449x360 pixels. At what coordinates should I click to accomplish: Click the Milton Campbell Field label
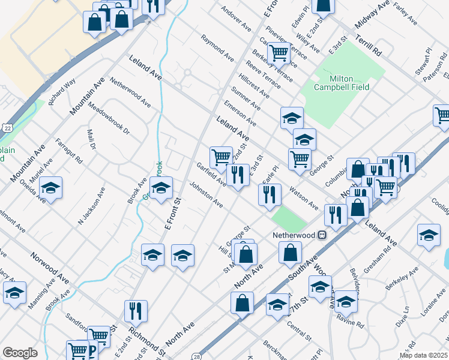pos(341,83)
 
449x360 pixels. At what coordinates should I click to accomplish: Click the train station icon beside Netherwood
pos(322,235)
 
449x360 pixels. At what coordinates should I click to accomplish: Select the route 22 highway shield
pos(7,128)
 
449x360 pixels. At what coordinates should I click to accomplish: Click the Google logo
pos(20,353)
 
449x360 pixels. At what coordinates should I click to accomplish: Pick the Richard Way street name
pos(62,92)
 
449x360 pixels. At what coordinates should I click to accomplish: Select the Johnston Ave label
pos(206,196)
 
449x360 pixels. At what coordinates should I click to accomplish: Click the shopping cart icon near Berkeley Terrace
pos(279,53)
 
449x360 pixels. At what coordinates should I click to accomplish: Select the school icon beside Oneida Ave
pos(51,188)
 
